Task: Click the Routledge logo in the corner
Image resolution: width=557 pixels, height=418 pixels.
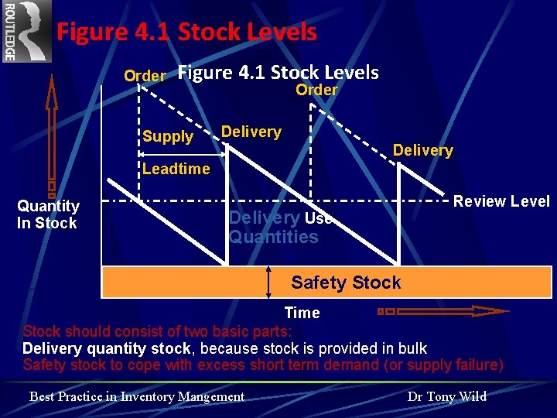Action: [26, 31]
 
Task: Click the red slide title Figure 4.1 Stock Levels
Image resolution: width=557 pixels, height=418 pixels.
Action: [186, 33]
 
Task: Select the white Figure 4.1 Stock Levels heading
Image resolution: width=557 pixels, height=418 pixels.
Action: [278, 73]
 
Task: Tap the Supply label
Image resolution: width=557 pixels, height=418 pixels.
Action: [168, 137]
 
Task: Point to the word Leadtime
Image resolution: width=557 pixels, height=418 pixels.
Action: [176, 169]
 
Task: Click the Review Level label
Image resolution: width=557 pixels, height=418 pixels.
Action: [501, 202]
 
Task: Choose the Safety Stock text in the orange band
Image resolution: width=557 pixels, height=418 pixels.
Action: [346, 283]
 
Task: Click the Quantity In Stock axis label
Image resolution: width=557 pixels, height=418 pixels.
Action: [48, 214]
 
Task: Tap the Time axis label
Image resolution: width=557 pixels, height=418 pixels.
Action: [302, 313]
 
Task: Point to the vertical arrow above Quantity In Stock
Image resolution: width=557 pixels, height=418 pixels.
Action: [51, 132]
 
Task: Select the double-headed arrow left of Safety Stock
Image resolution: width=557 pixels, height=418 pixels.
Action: [268, 283]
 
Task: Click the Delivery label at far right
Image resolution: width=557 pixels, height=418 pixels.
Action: [422, 150]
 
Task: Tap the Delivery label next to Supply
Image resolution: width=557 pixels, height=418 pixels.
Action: [251, 132]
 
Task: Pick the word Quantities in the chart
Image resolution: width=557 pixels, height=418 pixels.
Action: [273, 237]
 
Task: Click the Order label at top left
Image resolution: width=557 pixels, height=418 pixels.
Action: [145, 76]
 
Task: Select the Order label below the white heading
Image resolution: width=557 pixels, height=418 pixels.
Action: [316, 90]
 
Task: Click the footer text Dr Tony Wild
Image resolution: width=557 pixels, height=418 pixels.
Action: [446, 396]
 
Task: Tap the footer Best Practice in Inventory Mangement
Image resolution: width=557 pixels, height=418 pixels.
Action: [137, 396]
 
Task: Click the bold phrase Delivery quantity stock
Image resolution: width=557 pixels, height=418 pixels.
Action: [106, 348]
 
